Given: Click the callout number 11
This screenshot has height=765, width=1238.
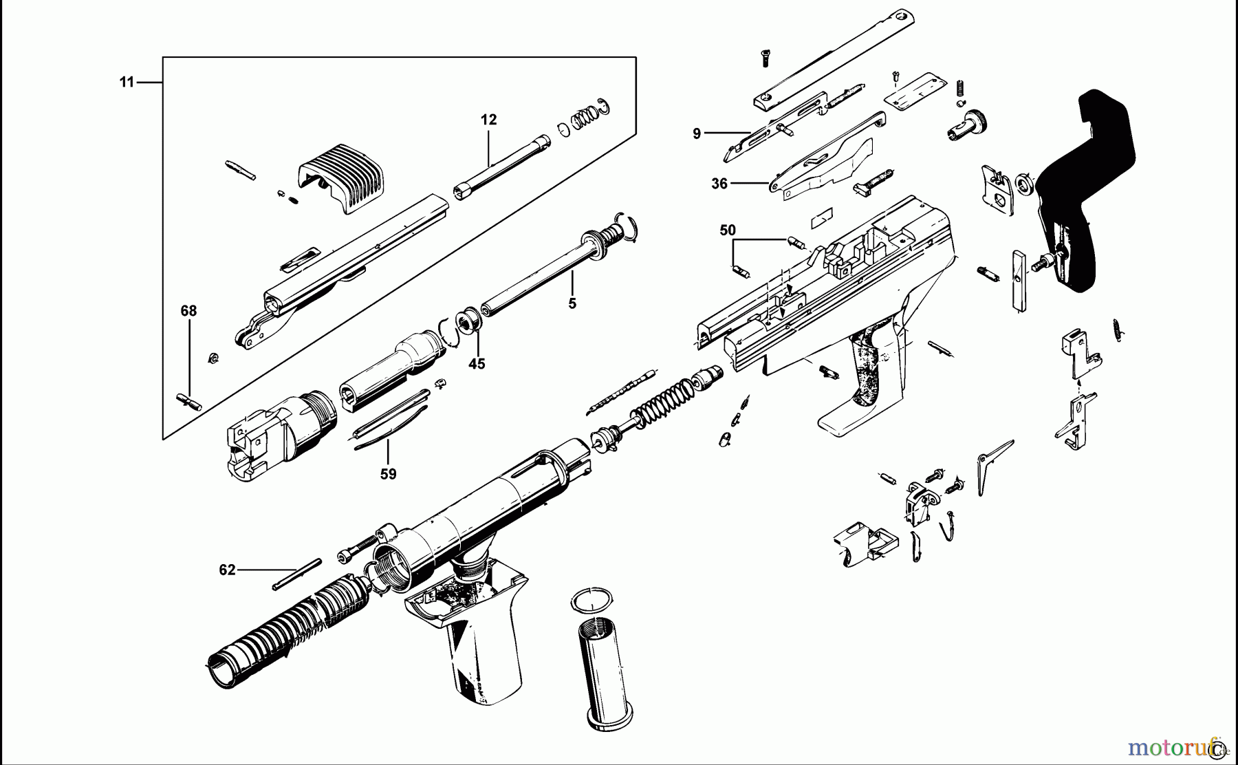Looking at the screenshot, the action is click(127, 83).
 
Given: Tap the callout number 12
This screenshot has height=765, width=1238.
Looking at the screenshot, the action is click(488, 120).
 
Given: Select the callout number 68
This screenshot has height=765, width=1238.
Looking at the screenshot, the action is click(188, 311).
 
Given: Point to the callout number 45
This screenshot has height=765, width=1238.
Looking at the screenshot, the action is click(477, 363).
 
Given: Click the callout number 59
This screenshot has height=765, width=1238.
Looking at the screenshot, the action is click(389, 474).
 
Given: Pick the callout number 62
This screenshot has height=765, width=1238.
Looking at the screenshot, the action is click(227, 570).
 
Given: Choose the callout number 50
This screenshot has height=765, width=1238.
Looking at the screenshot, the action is click(728, 230).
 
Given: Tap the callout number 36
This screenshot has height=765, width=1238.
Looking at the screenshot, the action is click(719, 184).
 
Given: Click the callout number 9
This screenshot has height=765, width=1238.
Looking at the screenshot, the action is click(697, 133).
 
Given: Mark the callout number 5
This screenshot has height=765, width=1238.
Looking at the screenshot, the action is click(572, 303).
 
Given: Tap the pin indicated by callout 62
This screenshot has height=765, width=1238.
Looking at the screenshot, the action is click(296, 574).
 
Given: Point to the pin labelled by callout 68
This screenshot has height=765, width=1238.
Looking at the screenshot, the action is click(188, 400).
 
